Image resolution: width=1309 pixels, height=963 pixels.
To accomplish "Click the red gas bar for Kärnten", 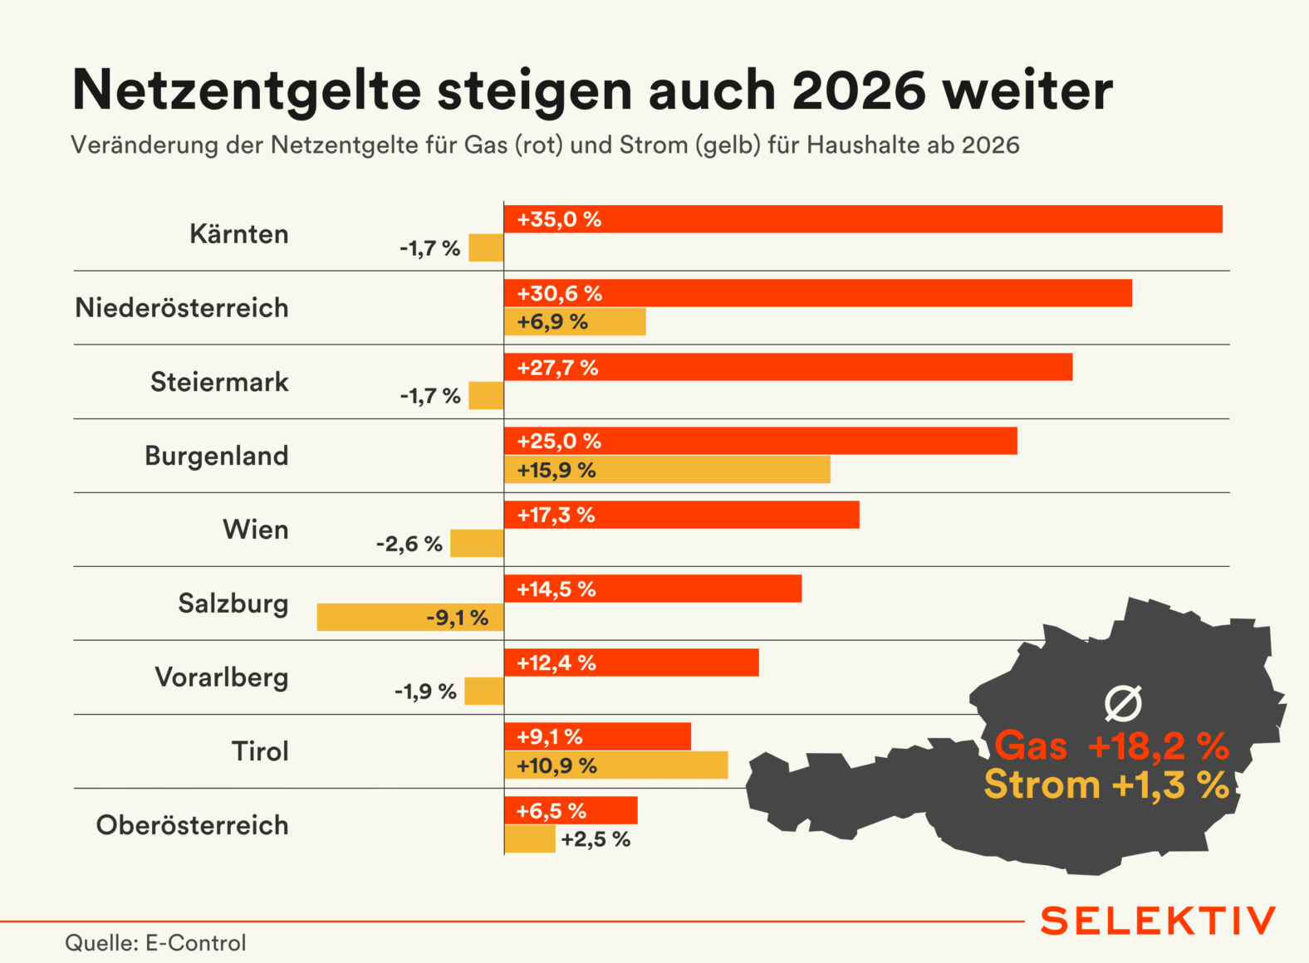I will (863, 219).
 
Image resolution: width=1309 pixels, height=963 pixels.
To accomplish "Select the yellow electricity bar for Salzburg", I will (410, 618).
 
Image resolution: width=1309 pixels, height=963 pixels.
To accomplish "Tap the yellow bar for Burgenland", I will (667, 470).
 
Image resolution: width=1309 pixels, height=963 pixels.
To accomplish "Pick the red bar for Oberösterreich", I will (571, 810).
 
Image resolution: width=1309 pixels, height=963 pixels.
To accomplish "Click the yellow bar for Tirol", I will (615, 765).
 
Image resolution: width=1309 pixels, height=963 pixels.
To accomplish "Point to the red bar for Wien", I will (681, 515).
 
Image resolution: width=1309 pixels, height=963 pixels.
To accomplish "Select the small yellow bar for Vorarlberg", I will (484, 691).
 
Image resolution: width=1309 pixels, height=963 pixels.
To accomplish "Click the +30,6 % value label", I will (560, 293).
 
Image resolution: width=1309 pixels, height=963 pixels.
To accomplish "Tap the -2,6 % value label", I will (409, 544).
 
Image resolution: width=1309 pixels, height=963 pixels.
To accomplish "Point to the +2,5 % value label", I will (596, 839).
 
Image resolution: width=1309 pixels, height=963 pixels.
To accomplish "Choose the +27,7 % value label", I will (557, 367).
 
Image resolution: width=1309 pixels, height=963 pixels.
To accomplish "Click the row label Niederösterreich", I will (182, 308).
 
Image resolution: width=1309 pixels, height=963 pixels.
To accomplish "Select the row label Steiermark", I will (219, 382).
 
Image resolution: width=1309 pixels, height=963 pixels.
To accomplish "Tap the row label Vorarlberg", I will (222, 677).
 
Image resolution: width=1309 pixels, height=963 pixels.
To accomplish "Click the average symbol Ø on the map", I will (1123, 703).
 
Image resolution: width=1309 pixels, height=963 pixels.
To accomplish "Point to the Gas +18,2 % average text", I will (1111, 745).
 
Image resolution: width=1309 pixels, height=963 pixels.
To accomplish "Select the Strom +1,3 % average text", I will (1106, 785).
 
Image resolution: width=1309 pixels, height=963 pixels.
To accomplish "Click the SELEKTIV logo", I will (1158, 921).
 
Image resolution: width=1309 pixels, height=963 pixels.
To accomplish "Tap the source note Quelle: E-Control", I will (155, 943).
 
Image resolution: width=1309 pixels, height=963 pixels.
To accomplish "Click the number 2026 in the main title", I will (859, 90).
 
